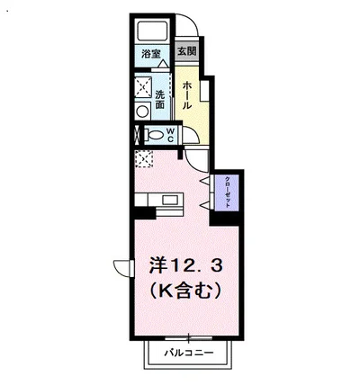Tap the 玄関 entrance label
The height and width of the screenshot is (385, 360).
185,51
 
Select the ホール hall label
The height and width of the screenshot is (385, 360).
186,94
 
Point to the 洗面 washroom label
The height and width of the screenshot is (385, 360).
159,100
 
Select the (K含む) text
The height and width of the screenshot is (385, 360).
184,293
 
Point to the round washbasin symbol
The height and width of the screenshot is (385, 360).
141,110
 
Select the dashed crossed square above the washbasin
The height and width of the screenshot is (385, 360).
141,87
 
